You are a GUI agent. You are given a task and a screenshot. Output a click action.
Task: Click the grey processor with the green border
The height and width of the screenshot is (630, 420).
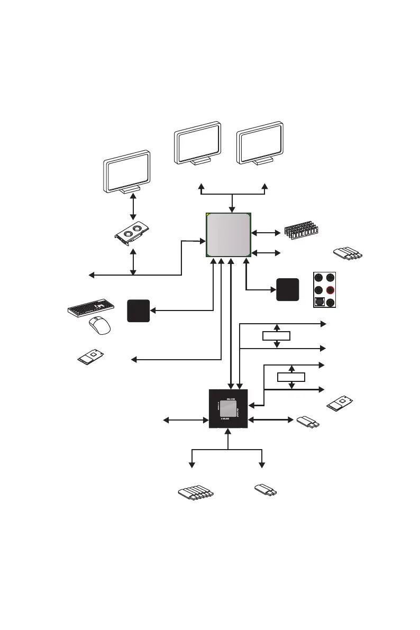pyautogui.click(x=229, y=235)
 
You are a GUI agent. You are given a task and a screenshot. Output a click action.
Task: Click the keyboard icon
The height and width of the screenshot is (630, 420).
pyautogui.click(x=92, y=307)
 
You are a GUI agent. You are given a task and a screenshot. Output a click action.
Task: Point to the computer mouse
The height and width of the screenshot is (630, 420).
pyautogui.click(x=99, y=325)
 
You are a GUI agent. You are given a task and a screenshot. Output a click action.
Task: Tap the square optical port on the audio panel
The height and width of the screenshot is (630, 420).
pyautogui.click(x=318, y=303)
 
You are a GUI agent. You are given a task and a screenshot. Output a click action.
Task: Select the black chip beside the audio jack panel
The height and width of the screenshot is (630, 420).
pyautogui.click(x=288, y=290)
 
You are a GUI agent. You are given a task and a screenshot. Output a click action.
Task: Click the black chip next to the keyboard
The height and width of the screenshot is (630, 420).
pyautogui.click(x=139, y=311)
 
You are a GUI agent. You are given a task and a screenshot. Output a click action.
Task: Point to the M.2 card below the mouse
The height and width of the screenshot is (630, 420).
pyautogui.click(x=92, y=358)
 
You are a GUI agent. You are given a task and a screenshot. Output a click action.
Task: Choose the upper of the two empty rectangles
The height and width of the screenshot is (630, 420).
pyautogui.click(x=277, y=335)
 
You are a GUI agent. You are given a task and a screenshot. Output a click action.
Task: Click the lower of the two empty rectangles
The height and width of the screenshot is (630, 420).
pyautogui.click(x=291, y=377)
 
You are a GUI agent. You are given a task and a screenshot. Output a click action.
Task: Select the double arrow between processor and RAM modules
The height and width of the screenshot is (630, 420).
pyautogui.click(x=264, y=232)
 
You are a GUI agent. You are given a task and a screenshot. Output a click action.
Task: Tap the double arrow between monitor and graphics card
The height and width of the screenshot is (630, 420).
pyautogui.click(x=133, y=206)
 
